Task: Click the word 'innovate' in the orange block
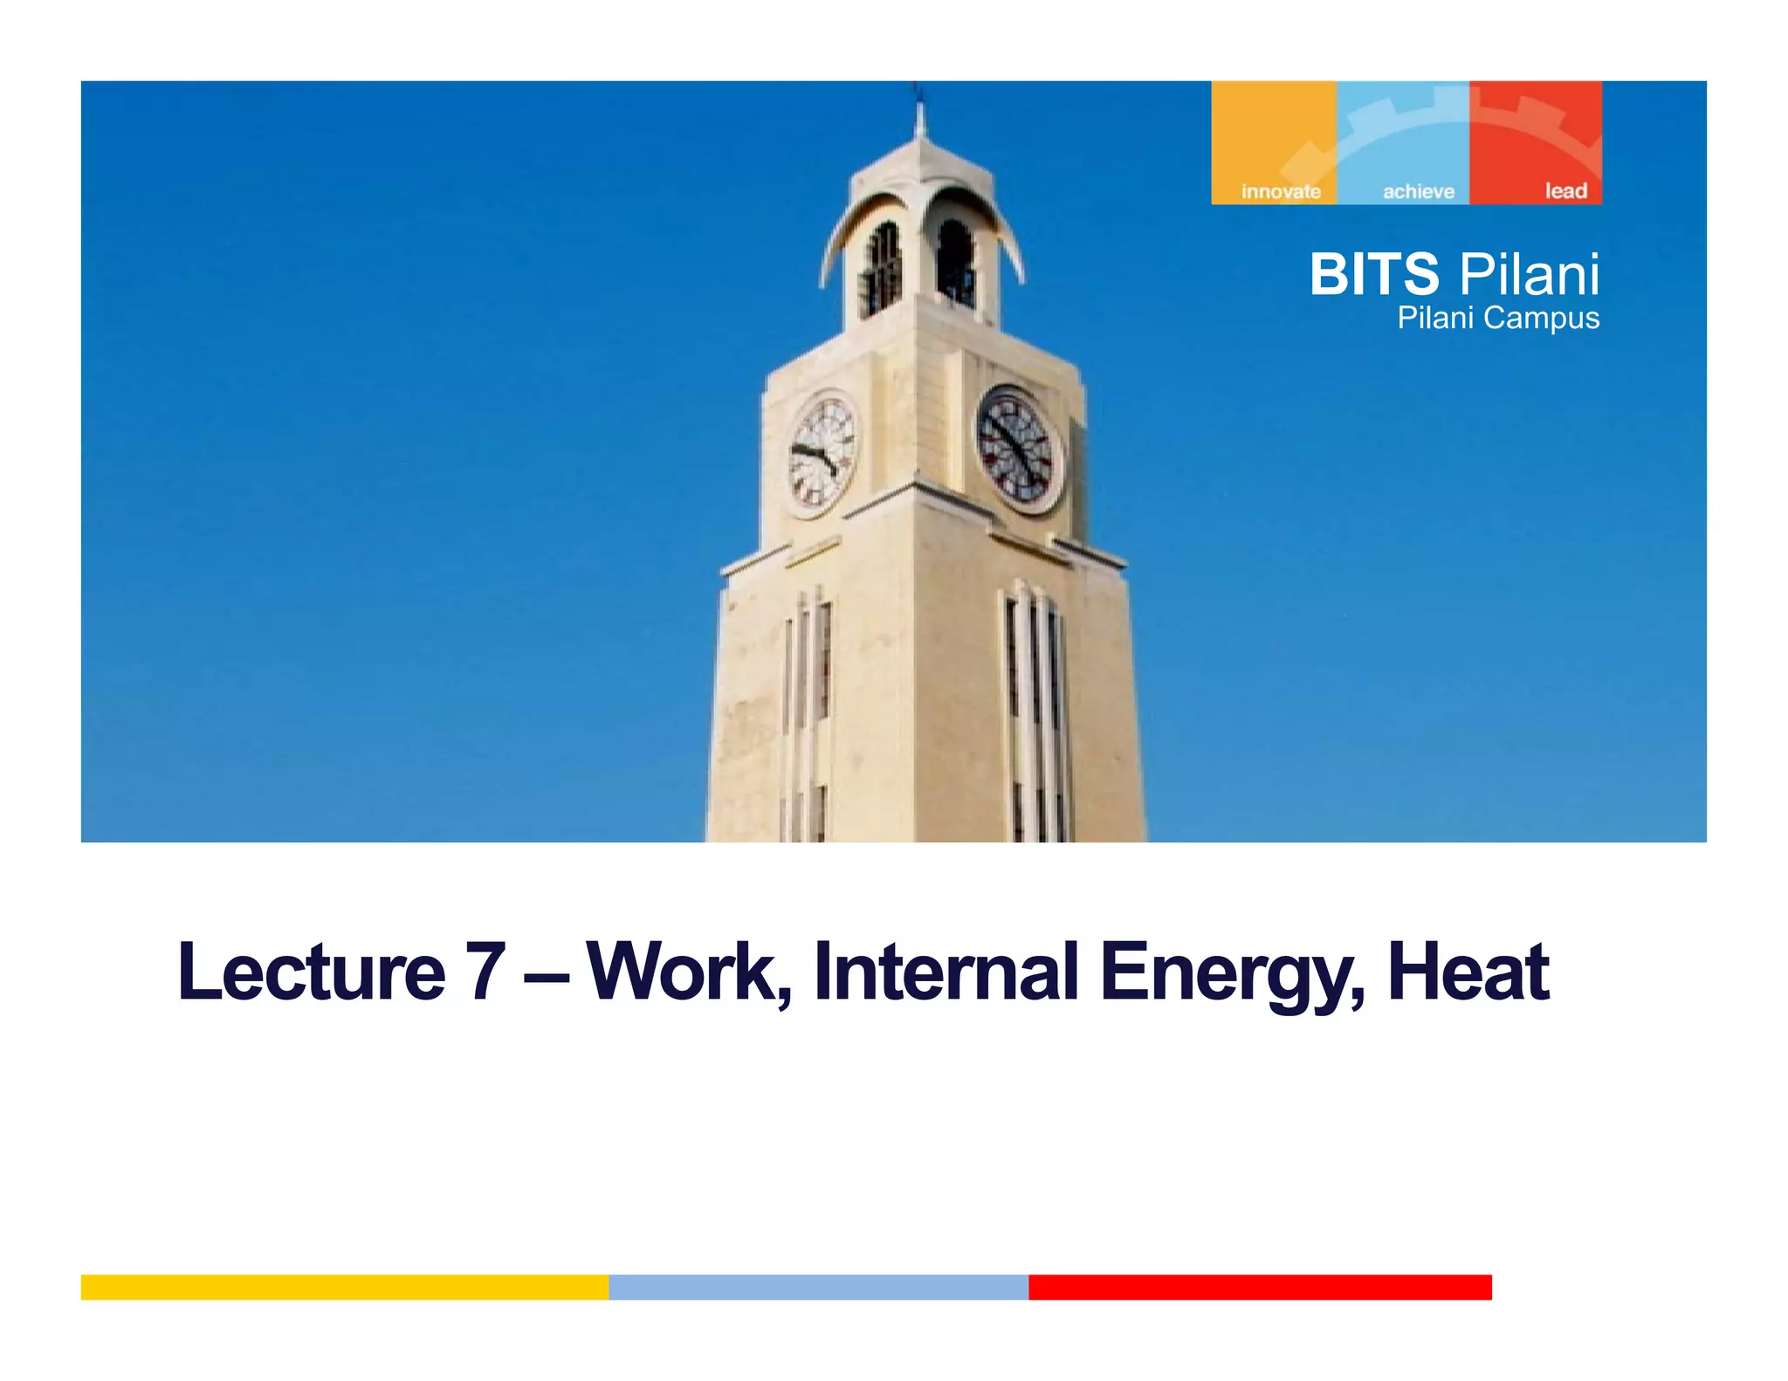(1280, 191)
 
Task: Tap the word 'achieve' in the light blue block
(1418, 191)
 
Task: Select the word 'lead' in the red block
(1565, 190)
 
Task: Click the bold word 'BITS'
(1373, 274)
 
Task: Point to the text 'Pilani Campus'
(1497, 318)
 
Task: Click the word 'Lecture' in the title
(311, 972)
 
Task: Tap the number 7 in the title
(485, 971)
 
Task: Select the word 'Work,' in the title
(689, 972)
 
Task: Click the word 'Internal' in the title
(945, 971)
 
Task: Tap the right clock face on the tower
(1018, 449)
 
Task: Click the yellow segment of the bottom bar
(344, 1287)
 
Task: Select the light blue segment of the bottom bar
(818, 1287)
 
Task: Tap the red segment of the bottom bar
(1259, 1287)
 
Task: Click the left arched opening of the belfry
(882, 267)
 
